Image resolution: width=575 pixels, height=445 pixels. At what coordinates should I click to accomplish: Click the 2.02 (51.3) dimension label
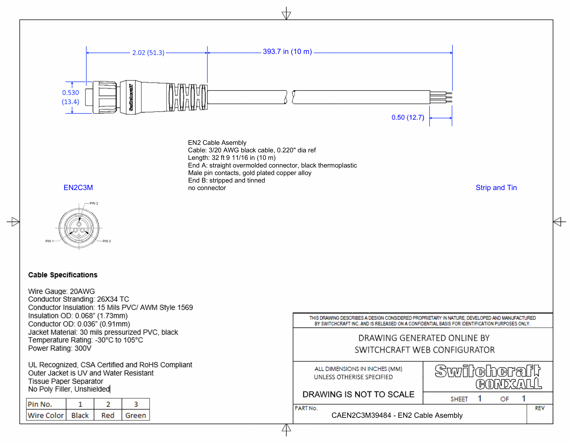pos(148,53)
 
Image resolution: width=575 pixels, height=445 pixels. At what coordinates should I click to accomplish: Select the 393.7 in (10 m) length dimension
pos(287,52)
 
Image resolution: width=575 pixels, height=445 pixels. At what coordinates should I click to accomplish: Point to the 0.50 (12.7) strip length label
pos(408,118)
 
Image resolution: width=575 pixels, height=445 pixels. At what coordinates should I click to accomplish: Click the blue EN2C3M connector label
pos(78,188)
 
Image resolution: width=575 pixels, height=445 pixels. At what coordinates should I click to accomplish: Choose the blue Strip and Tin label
pos(496,188)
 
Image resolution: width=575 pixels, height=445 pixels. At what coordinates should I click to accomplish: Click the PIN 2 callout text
pos(94,203)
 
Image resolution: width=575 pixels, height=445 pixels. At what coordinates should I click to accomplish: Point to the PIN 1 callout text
pos(49,241)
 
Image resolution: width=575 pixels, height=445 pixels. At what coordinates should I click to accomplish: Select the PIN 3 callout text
pos(107,241)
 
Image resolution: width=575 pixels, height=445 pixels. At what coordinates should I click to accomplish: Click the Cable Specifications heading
pos(63,275)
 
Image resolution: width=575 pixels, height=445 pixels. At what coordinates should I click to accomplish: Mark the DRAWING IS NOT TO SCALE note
pos(358,394)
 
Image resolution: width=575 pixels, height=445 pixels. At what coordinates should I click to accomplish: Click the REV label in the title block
pos(539,408)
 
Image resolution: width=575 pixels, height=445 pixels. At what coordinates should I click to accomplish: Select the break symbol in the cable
pos(290,97)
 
